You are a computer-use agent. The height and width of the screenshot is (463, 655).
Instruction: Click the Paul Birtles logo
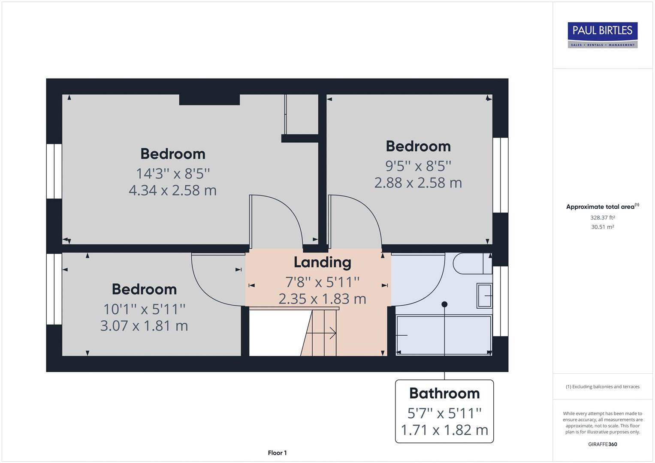602,35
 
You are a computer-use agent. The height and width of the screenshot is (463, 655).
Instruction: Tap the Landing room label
322,262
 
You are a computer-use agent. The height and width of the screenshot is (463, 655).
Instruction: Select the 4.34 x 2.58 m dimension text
172,190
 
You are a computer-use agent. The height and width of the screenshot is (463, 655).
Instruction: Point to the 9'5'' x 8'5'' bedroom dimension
418,165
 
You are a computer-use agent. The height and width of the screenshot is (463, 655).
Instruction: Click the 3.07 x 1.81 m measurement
144,326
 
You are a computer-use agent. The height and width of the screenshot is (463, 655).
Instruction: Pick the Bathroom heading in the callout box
444,393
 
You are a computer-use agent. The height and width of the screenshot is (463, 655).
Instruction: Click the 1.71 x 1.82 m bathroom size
444,430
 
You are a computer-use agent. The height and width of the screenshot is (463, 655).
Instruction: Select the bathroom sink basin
484,295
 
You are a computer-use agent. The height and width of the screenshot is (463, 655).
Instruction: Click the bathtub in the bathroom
444,335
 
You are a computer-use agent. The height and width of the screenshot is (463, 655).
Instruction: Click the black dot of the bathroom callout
444,304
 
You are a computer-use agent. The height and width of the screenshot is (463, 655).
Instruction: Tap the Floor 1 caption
277,453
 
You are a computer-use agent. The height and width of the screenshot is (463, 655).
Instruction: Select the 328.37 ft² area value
602,217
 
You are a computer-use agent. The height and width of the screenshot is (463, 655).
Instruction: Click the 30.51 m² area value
602,227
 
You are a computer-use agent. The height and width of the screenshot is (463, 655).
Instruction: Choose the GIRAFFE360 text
602,444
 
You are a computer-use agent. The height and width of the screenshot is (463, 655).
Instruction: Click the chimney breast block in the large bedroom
209,99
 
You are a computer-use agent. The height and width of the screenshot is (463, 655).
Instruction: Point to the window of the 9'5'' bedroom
500,175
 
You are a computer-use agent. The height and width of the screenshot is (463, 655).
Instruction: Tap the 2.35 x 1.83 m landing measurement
322,299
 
